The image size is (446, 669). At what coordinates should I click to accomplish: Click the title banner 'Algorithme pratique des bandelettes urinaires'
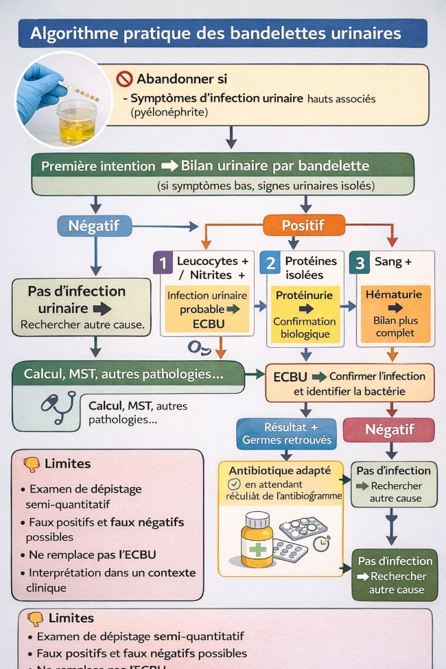point(223,33)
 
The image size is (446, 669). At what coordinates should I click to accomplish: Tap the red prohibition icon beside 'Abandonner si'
point(124,79)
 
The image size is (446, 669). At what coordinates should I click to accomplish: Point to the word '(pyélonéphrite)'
point(169,111)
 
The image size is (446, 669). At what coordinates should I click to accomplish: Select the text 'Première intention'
point(98,166)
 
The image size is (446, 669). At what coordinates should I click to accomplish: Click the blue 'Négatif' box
point(95,224)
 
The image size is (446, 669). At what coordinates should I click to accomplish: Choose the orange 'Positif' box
point(303,224)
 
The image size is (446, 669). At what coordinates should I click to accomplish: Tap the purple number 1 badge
point(163,263)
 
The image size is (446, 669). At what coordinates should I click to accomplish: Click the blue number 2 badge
point(270,263)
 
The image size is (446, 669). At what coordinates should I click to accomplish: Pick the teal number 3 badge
point(360,263)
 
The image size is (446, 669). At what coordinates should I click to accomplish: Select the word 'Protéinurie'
point(304,294)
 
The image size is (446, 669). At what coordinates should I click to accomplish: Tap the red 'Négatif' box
point(389,430)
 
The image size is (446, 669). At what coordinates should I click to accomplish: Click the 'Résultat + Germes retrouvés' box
point(286,433)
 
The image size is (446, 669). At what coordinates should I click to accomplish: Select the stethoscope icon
point(57,407)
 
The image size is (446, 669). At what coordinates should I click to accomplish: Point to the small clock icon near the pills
point(320,542)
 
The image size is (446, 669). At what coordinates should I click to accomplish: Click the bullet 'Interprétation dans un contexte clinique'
point(111,580)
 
